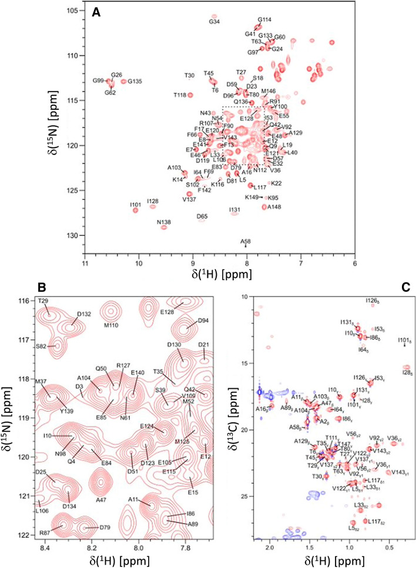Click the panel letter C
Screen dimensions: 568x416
(x=403, y=288)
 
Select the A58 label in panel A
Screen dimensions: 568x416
(x=246, y=241)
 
